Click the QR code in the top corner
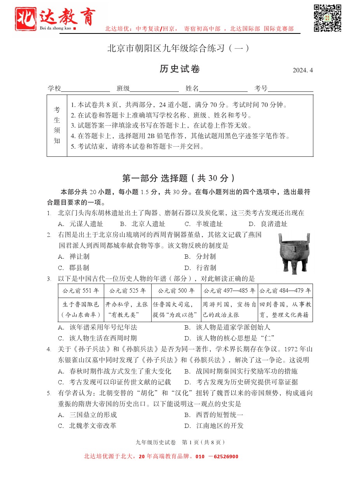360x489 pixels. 327,18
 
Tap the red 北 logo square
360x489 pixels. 26,19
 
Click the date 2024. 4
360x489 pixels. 302,70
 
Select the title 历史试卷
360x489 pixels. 180,69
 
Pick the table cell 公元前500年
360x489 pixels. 176,291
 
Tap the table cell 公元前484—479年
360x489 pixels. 285,291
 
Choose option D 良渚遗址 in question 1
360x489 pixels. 268,224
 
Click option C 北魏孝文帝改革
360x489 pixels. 87,426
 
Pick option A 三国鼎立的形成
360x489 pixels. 87,415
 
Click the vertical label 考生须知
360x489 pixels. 57,125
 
